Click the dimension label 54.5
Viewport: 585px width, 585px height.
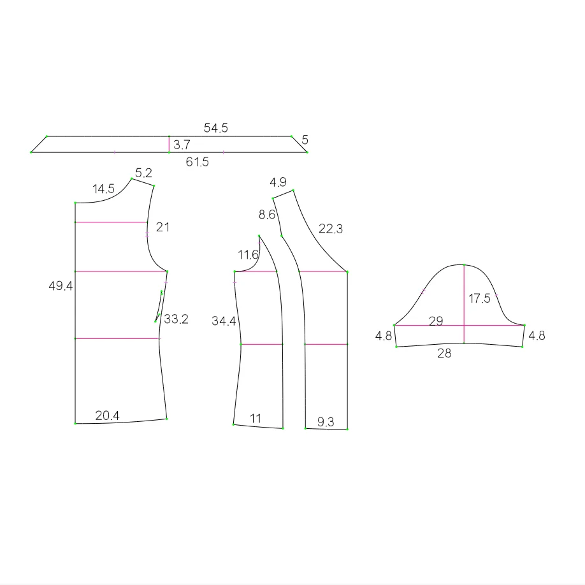pyautogui.click(x=215, y=128)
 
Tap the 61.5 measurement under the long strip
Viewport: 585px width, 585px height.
pyautogui.click(x=198, y=162)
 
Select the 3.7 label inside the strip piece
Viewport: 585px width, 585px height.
pyautogui.click(x=182, y=145)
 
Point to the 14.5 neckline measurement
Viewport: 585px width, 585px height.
pyautogui.click(x=103, y=189)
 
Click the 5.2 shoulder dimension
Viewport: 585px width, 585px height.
pyautogui.click(x=143, y=173)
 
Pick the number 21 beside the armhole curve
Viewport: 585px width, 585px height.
pyautogui.click(x=162, y=227)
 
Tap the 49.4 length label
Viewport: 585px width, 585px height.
pyautogui.click(x=61, y=285)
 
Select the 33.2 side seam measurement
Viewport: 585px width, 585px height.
pyautogui.click(x=176, y=319)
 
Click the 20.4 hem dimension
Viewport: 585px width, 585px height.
pyautogui.click(x=108, y=415)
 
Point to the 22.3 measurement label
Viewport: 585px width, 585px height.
pyautogui.click(x=331, y=229)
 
